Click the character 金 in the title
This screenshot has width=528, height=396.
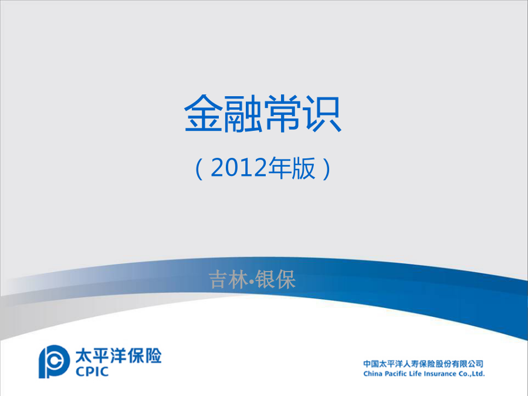[x=204, y=113]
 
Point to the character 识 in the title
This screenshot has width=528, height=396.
[x=323, y=113]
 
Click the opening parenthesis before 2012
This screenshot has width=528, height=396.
[x=199, y=168]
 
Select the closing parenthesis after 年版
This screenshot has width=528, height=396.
[x=327, y=168]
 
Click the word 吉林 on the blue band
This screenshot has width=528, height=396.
[x=229, y=279]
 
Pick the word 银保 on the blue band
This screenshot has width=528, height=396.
[x=276, y=279]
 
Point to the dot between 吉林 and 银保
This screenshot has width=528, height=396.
[x=252, y=280]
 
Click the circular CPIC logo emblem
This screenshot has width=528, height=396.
[x=54, y=361]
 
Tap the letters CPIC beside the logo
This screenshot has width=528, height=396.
[x=92, y=371]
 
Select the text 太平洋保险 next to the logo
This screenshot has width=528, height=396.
[x=118, y=356]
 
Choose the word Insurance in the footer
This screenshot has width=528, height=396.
[x=435, y=374]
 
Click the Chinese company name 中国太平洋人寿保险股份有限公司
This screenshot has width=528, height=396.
[x=423, y=364]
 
